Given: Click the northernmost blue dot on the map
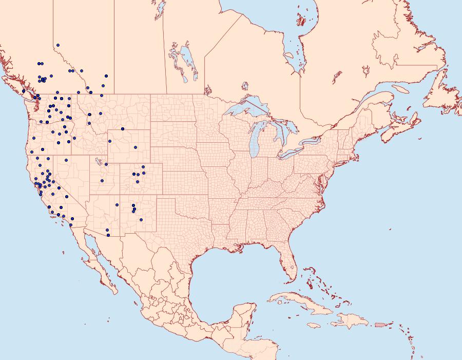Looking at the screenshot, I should point(58,45).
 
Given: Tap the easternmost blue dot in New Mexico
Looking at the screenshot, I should point(141,220).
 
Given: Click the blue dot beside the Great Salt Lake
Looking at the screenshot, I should point(106,165).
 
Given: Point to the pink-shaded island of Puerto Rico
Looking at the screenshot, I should point(380,325).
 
